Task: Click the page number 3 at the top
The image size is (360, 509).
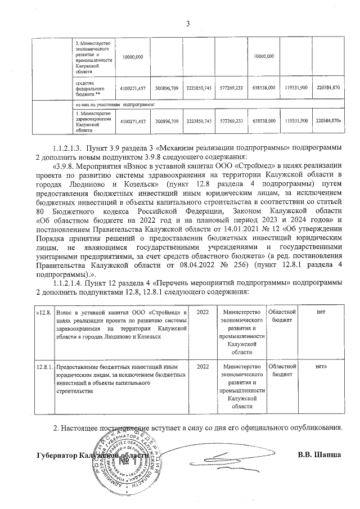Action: pyautogui.click(x=188, y=22)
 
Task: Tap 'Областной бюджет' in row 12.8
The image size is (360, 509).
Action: pyautogui.click(x=282, y=316)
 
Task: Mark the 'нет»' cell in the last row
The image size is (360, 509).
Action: pyautogui.click(x=322, y=367)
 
